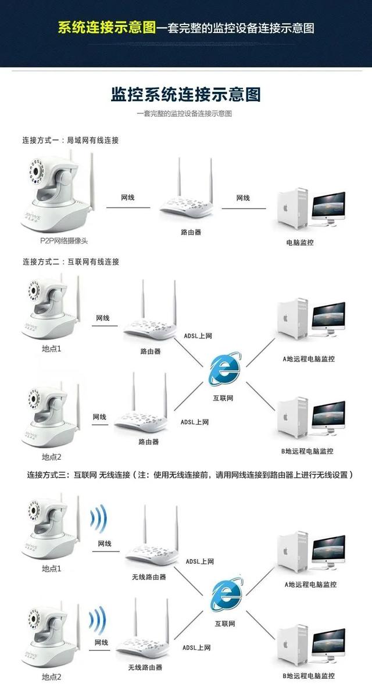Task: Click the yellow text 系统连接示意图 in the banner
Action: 107,27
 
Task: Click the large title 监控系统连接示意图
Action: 185,95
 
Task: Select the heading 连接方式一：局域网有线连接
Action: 70,141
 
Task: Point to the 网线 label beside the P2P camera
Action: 128,198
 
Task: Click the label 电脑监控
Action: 300,242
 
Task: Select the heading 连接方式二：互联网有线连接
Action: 70,262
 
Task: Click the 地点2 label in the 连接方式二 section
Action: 51,457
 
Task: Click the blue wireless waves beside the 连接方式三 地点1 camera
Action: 99,518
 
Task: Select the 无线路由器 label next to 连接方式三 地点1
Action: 149,577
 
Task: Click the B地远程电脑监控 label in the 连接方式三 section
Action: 309,676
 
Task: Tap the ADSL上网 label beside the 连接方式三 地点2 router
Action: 196,647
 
